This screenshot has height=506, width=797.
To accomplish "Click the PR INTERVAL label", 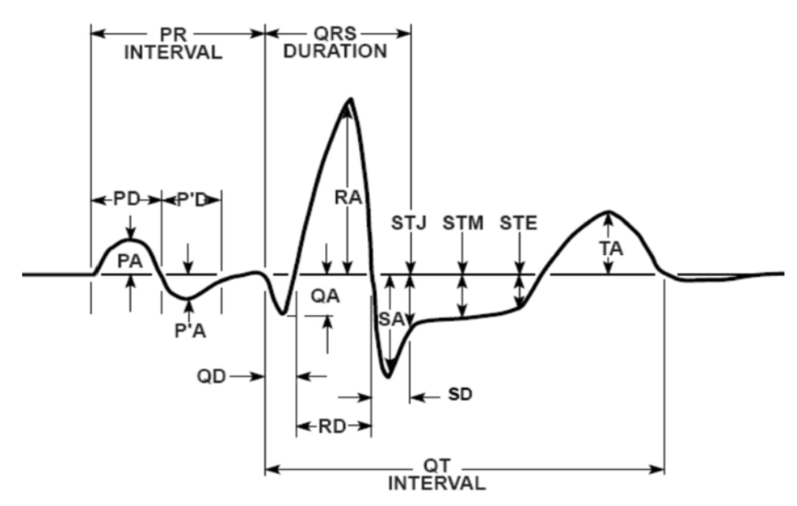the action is (174, 43).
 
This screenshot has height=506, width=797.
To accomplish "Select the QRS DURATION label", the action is (335, 42).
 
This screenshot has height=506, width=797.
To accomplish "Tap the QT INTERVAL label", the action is (437, 474).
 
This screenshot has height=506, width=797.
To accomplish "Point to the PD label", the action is (126, 200).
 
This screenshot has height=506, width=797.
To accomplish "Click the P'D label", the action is (191, 200).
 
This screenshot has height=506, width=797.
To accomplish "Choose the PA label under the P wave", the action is (130, 261).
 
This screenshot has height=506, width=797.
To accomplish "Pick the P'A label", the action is (190, 331).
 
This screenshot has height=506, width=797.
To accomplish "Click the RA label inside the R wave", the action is (348, 197).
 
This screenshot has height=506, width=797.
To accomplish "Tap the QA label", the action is (325, 296).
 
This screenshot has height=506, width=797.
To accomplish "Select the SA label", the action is (392, 319).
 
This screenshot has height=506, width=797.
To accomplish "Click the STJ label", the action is (409, 223).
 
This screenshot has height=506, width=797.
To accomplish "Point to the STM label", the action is (463, 223).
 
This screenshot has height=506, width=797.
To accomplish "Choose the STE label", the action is (518, 223).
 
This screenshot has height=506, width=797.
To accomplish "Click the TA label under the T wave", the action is (611, 249).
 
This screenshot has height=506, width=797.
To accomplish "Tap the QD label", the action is (211, 377).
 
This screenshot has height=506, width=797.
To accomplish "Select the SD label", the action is (460, 394).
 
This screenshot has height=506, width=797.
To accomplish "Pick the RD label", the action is (333, 426).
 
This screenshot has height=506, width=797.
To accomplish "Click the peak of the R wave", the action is (350, 99).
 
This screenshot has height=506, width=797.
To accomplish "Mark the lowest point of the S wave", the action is (388, 376).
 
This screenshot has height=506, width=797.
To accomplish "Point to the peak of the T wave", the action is (608, 210).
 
